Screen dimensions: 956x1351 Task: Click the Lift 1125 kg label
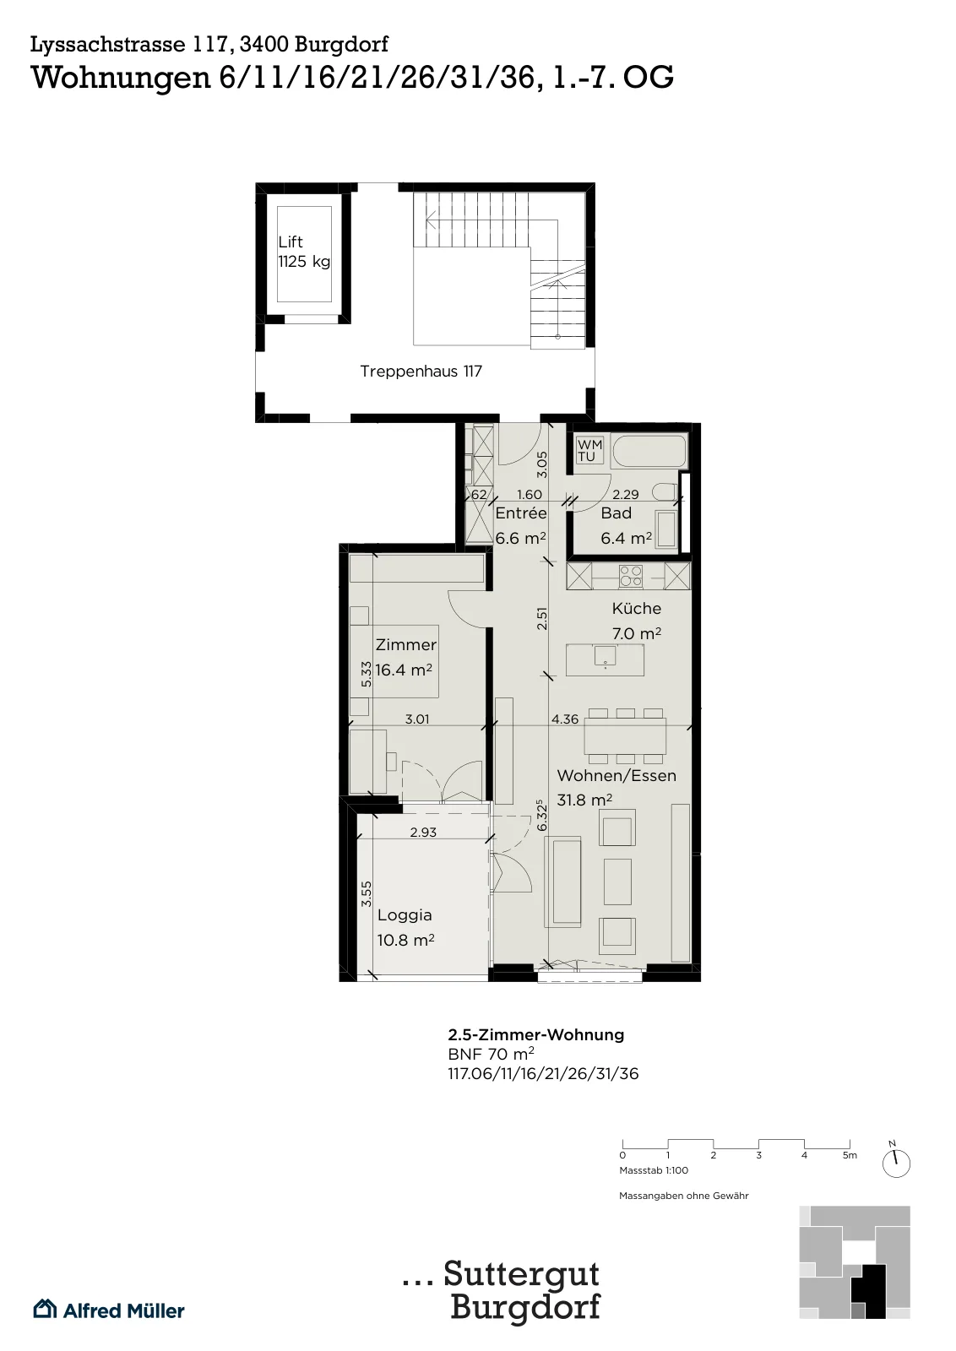point(304,252)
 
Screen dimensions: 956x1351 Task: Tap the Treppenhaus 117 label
point(421,371)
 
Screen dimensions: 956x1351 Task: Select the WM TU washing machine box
point(589,450)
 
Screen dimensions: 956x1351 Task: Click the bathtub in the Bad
point(649,451)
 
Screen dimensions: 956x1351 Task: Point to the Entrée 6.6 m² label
point(521,525)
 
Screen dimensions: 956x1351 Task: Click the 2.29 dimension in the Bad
point(626,495)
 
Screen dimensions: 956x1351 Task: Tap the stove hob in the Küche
point(631,575)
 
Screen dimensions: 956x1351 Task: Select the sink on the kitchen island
point(605,657)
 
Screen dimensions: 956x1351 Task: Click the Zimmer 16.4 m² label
point(405,658)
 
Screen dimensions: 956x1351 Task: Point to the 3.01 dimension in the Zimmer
point(417,719)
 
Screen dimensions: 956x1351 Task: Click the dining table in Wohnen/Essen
point(625,735)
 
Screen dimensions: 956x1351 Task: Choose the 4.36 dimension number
point(564,719)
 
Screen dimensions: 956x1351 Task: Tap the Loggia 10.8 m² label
point(405,928)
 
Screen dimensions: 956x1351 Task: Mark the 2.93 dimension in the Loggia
point(423,833)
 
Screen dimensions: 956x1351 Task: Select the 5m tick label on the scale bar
point(850,1155)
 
